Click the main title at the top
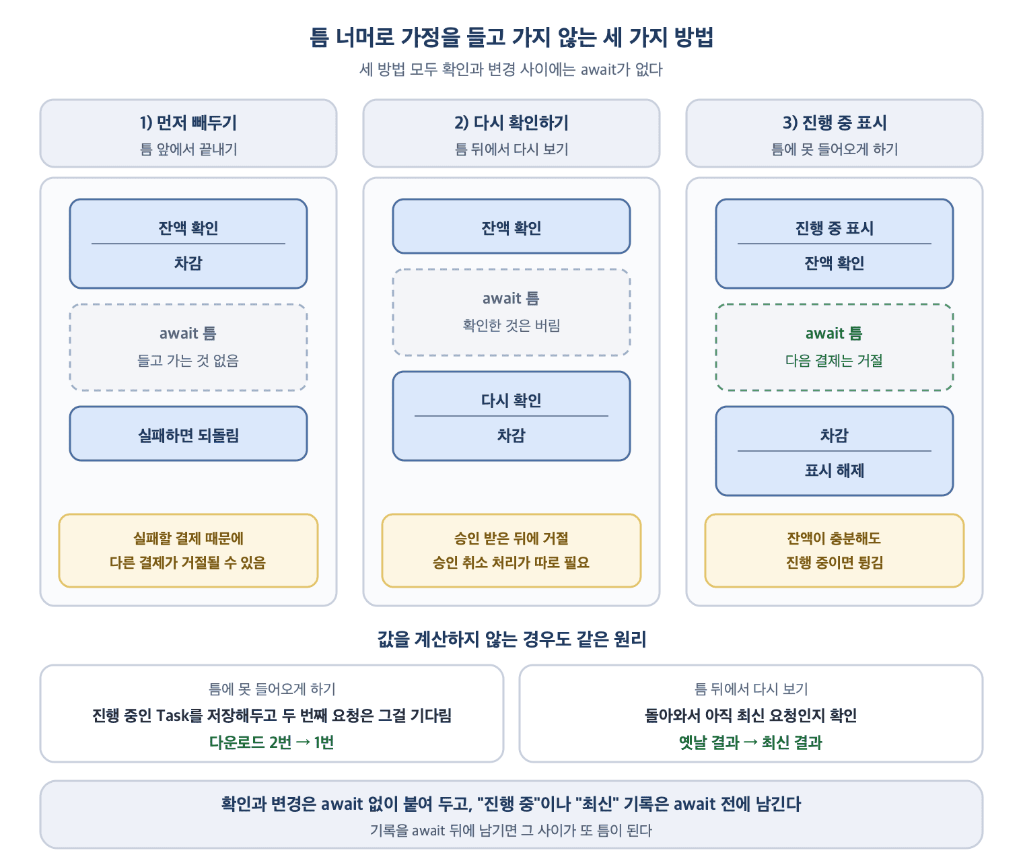[511, 37]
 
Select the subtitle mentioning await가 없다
[511, 69]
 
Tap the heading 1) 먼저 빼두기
[188, 123]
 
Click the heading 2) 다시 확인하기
[511, 123]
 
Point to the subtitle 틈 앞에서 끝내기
[188, 149]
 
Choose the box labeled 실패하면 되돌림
[188, 433]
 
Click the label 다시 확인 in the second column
[511, 400]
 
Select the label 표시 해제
[835, 470]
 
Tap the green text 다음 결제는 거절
[835, 361]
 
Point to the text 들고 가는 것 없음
[188, 361]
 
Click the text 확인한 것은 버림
[511, 325]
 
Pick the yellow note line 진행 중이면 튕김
[835, 563]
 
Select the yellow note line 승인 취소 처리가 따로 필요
[511, 563]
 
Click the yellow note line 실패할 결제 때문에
[188, 539]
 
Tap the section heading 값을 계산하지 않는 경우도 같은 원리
[511, 639]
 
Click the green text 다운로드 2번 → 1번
[272, 742]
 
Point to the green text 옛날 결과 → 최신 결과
[750, 742]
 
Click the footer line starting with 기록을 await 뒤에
[511, 831]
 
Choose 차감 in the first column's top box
[188, 263]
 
